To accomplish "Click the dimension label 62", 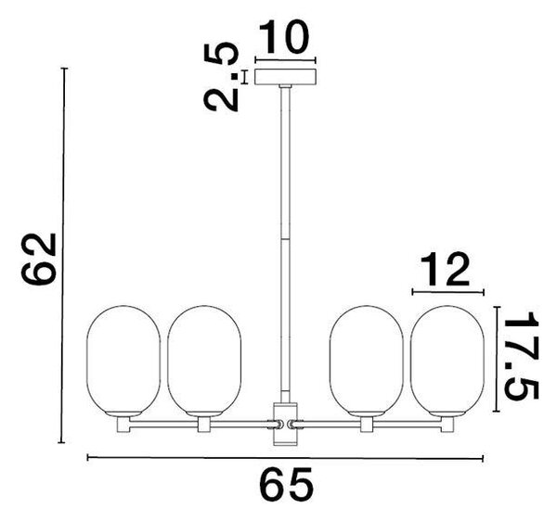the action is (x=39, y=260).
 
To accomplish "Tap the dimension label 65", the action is (x=286, y=485).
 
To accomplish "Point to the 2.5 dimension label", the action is (x=221, y=77).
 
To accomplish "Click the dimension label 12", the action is (x=445, y=270).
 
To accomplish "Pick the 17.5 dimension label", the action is (x=522, y=355).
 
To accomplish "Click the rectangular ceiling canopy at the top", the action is (x=286, y=77).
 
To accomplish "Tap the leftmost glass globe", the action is (x=123, y=361).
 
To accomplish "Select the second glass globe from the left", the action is (x=204, y=361).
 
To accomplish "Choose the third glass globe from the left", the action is (x=367, y=361).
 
